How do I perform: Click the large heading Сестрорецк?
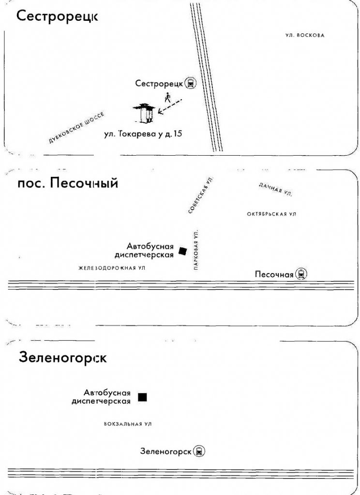pos(57,16)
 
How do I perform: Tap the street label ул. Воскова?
pos(305,35)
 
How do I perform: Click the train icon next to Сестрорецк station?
pos(191,83)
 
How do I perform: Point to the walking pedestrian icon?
pos(167,98)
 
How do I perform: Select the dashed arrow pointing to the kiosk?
pos(170,106)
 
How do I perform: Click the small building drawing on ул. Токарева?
pos(144,113)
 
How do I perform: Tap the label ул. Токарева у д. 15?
pos(143,134)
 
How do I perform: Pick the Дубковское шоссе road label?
pos(76,128)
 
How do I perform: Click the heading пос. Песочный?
pos(68,183)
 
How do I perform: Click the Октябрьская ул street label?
pos(271,214)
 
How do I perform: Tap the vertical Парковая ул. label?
pos(196,249)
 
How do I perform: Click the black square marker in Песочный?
pos(183,251)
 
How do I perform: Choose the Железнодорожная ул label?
pos(112,268)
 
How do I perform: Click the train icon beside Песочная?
pos(301,274)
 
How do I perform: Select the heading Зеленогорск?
pos(62,358)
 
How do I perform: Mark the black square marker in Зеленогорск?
pos(143,397)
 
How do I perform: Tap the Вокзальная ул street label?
pos(128,424)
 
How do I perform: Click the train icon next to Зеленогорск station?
pos(199,451)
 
